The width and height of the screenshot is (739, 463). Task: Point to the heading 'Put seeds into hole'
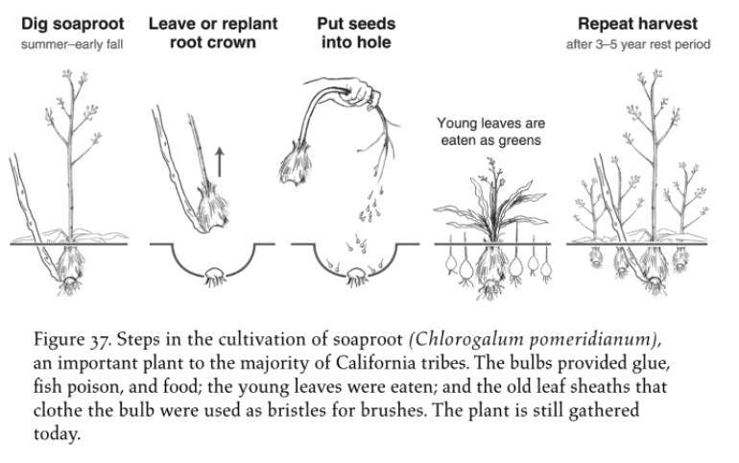[x=355, y=31]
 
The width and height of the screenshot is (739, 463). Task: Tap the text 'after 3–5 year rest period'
[x=637, y=43]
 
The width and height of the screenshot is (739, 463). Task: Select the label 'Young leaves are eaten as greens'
[x=489, y=131]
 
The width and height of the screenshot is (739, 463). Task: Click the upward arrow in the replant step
[x=220, y=159]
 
